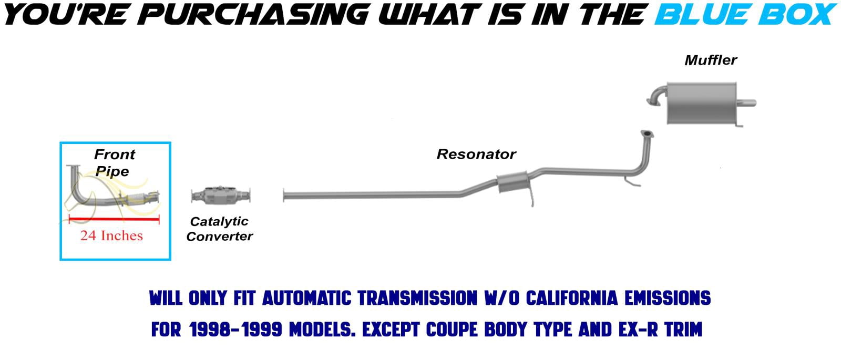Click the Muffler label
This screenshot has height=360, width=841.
[710, 60]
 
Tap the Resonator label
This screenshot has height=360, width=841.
[476, 154]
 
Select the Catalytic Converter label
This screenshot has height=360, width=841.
[219, 229]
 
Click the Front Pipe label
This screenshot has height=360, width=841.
[114, 162]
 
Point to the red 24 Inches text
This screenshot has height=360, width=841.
[111, 235]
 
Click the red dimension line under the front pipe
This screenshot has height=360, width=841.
[114, 219]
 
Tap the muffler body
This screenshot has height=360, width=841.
[701, 103]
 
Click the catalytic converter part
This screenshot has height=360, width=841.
[221, 196]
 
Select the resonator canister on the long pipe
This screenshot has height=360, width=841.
[512, 182]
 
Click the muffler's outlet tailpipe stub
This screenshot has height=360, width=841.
[746, 102]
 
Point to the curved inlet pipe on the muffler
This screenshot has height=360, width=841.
[657, 96]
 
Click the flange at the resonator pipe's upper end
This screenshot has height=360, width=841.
[647, 134]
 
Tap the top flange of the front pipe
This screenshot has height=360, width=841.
[74, 166]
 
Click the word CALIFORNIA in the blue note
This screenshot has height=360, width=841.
[571, 298]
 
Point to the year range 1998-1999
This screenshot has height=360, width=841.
[235, 330]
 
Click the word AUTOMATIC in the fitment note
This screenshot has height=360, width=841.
[306, 298]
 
